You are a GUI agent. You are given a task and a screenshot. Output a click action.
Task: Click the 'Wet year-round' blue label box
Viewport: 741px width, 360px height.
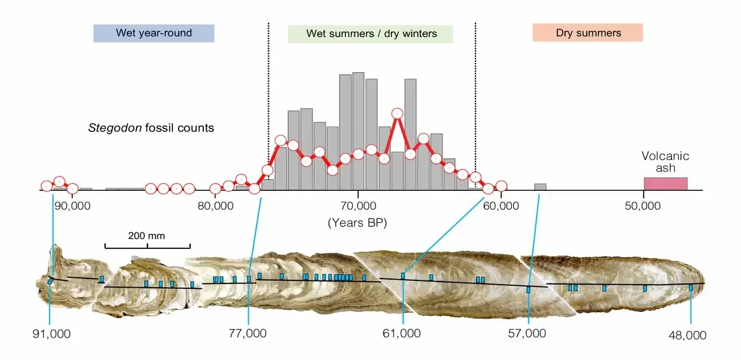[x=154, y=33]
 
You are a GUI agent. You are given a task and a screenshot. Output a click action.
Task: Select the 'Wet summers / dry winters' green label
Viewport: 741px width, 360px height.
[x=371, y=33]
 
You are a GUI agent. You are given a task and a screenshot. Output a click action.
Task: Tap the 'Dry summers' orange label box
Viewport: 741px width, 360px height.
[x=588, y=33]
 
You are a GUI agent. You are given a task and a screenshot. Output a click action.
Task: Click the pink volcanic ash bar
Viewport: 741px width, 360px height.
[x=665, y=183]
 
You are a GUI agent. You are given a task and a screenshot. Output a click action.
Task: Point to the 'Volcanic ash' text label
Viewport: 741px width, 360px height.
[x=665, y=162]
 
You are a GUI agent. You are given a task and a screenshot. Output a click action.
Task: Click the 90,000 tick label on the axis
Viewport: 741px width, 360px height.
[x=72, y=205]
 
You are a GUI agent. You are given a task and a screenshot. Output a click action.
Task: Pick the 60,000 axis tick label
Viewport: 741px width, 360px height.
[x=501, y=205]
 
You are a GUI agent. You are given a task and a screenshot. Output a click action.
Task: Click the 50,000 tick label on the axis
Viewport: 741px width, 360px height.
[x=643, y=205]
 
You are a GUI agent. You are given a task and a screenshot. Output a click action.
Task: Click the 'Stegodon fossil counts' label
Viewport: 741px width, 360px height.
[x=151, y=128]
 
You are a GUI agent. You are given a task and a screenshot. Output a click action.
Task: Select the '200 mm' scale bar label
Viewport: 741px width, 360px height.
[x=146, y=235]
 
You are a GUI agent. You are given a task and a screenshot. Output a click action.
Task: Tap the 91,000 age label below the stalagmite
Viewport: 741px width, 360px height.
[x=51, y=333]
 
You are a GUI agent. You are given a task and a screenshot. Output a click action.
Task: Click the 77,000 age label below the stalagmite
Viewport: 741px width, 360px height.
[x=248, y=333]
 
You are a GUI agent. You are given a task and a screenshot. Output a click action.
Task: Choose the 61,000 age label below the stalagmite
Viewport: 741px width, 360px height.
[x=402, y=333]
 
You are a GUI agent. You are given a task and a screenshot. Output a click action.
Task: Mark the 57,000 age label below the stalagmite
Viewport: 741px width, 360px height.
[x=530, y=333]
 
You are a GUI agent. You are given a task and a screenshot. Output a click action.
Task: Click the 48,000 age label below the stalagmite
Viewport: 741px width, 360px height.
[x=687, y=335]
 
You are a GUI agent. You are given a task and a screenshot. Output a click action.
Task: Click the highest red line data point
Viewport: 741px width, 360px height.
[x=397, y=114]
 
